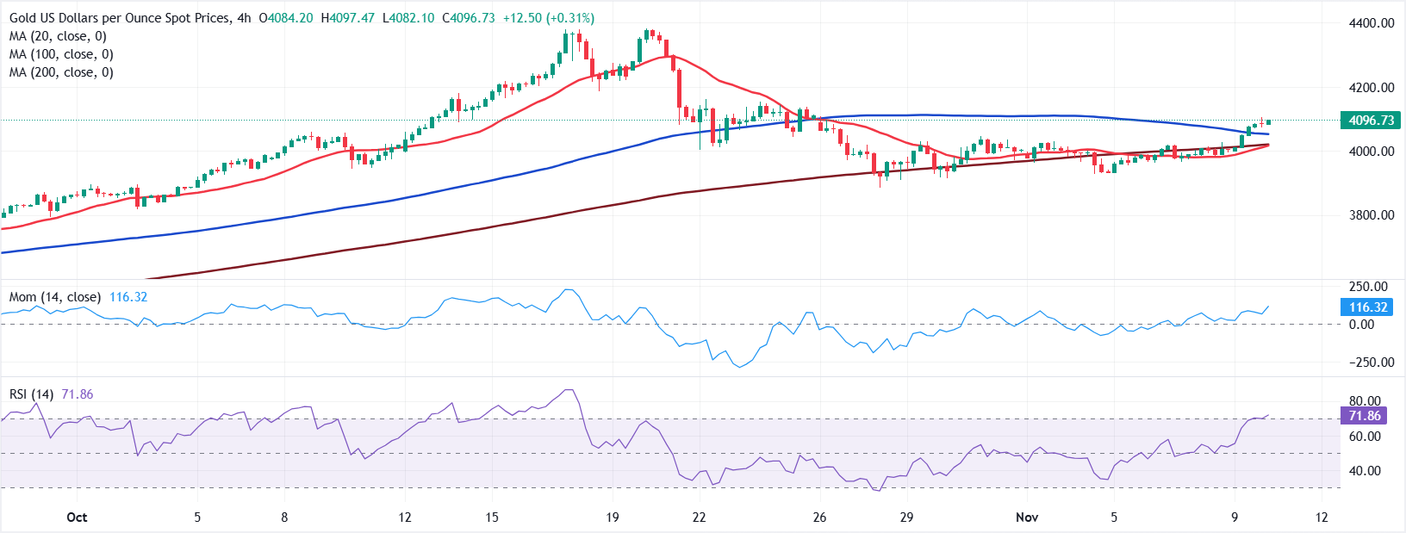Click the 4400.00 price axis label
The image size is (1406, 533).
(x=1372, y=23)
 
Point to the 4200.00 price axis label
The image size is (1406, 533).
(x=1372, y=87)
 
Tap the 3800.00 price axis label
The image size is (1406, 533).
(x=1372, y=215)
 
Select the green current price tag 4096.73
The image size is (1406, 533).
(x=1371, y=121)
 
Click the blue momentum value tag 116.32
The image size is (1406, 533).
(x=1368, y=307)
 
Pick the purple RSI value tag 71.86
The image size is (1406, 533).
(x=1365, y=416)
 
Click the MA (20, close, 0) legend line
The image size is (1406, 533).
(x=58, y=36)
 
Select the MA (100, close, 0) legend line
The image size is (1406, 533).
(x=61, y=54)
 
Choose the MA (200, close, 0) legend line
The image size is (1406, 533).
(x=61, y=72)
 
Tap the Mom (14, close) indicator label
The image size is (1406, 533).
(x=55, y=297)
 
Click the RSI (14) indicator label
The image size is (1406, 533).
(x=32, y=394)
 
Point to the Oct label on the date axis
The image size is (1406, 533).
(x=77, y=518)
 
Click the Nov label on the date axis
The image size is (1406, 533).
(x=1027, y=518)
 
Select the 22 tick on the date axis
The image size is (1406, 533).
(x=699, y=518)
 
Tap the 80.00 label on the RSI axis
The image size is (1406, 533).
(x=1365, y=401)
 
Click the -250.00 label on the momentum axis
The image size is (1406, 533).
(x=1372, y=363)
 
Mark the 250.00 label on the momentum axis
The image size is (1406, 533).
(x=1368, y=287)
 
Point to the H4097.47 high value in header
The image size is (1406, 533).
(x=348, y=18)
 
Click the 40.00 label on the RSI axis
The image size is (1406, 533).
(x=1365, y=471)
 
